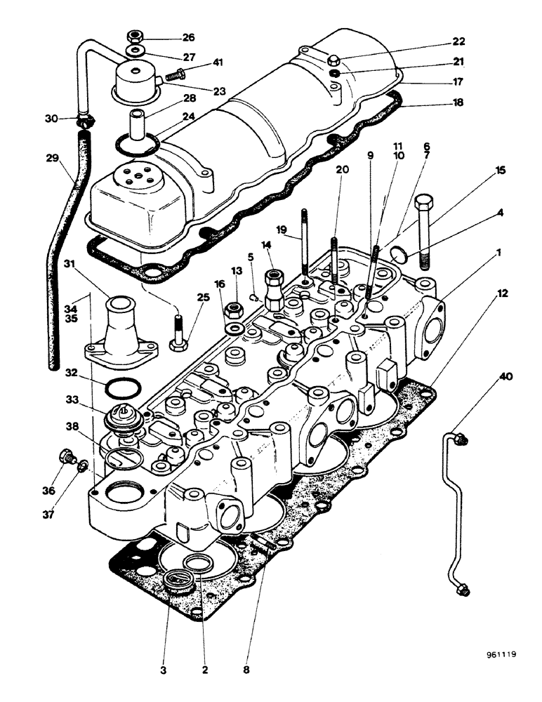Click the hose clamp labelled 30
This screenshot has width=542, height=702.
coord(85,121)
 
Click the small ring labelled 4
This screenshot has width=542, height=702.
coord(398,252)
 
